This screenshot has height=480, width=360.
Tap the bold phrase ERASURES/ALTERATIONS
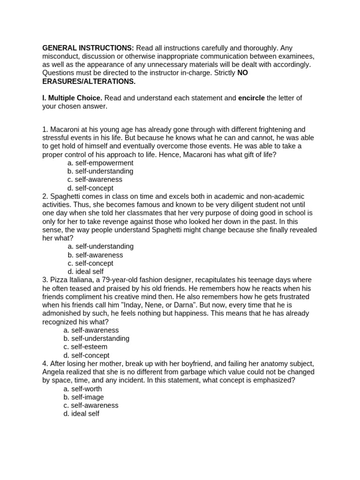[89, 82]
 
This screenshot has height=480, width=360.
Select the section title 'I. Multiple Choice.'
[72, 98]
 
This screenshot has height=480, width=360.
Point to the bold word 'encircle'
[251, 98]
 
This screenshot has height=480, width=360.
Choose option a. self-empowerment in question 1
[100, 163]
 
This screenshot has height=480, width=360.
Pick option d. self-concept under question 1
[90, 188]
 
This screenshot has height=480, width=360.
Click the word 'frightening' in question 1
[273, 129]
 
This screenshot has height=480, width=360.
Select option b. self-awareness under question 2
[95, 255]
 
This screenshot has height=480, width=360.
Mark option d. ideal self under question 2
[85, 271]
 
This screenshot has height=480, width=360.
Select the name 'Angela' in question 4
[53, 372]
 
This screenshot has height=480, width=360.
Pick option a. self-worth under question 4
[82, 389]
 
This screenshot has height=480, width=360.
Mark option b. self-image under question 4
[84, 397]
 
